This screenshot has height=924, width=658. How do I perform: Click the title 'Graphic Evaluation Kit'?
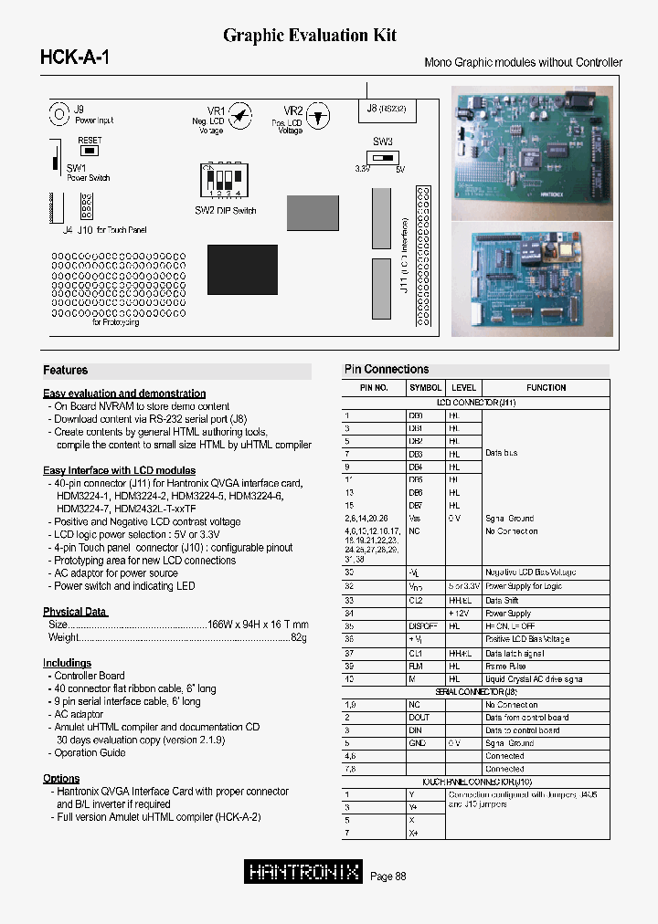pos(310,36)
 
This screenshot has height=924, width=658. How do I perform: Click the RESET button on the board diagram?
pos(90,149)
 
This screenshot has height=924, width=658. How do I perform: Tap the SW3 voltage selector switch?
pos(382,156)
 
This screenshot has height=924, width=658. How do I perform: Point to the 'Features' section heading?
pos(66,371)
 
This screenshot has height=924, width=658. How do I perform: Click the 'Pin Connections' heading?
pos(387,370)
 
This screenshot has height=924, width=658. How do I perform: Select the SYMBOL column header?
pos(425,388)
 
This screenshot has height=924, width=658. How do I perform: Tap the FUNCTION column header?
pos(546,388)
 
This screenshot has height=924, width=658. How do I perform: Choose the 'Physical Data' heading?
pos(75,612)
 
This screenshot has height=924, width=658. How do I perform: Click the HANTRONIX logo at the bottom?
pos(304,872)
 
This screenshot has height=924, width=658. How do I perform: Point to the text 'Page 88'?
pos(387,877)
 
